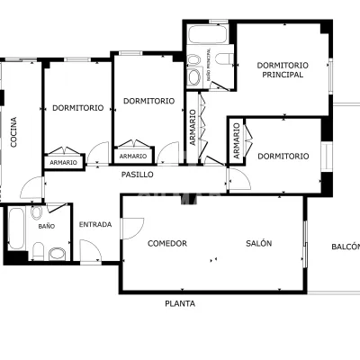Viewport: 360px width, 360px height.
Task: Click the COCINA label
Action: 13,132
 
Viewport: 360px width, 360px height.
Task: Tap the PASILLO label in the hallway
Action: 138,175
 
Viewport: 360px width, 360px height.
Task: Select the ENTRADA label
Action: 95,224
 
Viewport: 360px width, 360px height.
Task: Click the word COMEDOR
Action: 167,243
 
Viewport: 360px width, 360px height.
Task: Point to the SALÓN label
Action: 259,243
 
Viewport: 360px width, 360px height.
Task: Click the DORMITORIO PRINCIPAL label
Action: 283,70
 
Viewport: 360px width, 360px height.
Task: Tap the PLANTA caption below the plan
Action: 180,303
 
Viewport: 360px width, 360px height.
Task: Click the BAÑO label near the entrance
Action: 47,226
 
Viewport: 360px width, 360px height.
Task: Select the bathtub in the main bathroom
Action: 208,34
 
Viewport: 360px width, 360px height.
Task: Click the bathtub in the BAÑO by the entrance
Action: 16,228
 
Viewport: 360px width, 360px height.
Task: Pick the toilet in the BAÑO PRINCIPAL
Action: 224,58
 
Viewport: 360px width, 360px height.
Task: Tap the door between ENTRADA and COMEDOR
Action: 132,229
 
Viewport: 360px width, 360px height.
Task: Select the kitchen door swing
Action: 31,187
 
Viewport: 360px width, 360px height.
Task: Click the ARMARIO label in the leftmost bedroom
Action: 63,163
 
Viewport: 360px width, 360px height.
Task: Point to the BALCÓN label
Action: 346,247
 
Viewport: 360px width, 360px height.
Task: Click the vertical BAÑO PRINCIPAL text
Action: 209,65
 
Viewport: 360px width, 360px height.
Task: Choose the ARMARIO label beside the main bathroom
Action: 193,128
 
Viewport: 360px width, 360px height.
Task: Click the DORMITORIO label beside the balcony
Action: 283,156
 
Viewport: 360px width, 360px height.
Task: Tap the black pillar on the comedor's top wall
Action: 185,200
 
